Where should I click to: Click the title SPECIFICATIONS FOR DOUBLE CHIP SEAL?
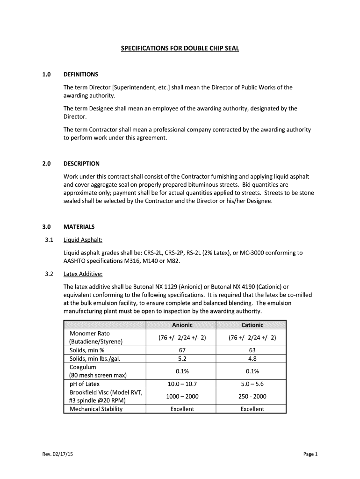[x=180, y=48]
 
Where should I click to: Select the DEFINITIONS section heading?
[x=81, y=74]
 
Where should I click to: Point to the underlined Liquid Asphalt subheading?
[x=83, y=240]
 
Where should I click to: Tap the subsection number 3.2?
[x=46, y=274]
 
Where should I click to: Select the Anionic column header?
[x=182, y=325]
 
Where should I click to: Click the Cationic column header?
[x=252, y=325]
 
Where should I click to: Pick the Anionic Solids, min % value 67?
[x=182, y=350]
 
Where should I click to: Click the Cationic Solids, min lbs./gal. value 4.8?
[x=252, y=359]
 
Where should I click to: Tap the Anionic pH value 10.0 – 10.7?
[x=182, y=384]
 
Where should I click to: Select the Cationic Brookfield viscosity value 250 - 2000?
[x=252, y=397]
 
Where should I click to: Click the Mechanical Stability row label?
[x=96, y=409]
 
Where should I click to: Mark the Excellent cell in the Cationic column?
[x=252, y=409]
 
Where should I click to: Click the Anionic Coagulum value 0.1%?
[x=182, y=371]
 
